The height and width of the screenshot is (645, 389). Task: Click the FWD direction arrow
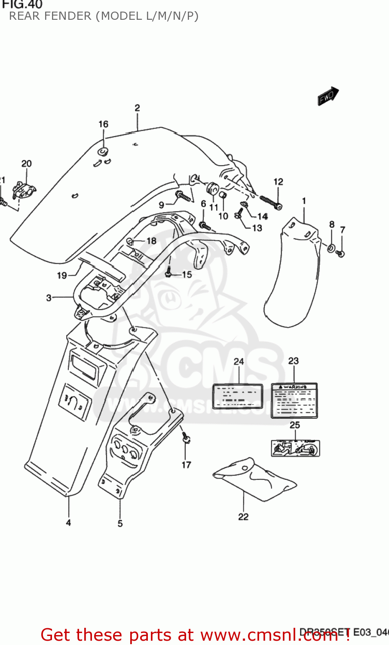coord(328,96)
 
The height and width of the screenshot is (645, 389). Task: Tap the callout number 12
coord(278,182)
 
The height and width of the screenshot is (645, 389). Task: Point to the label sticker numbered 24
coord(238,396)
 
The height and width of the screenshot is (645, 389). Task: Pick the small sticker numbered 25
coord(295,448)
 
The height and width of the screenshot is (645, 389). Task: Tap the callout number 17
coord(186,465)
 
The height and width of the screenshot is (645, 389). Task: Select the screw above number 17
coord(185,439)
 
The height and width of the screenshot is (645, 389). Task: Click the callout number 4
coord(68,523)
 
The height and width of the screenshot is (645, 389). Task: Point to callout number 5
coord(120,523)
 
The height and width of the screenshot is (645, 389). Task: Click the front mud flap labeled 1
coord(292,275)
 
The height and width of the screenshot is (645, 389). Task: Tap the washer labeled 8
coord(332,248)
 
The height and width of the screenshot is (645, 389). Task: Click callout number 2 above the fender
coord(137,108)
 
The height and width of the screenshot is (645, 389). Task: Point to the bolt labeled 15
coord(169,273)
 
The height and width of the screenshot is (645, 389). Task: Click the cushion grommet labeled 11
coord(213,189)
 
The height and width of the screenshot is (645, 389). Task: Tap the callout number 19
coord(62,275)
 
